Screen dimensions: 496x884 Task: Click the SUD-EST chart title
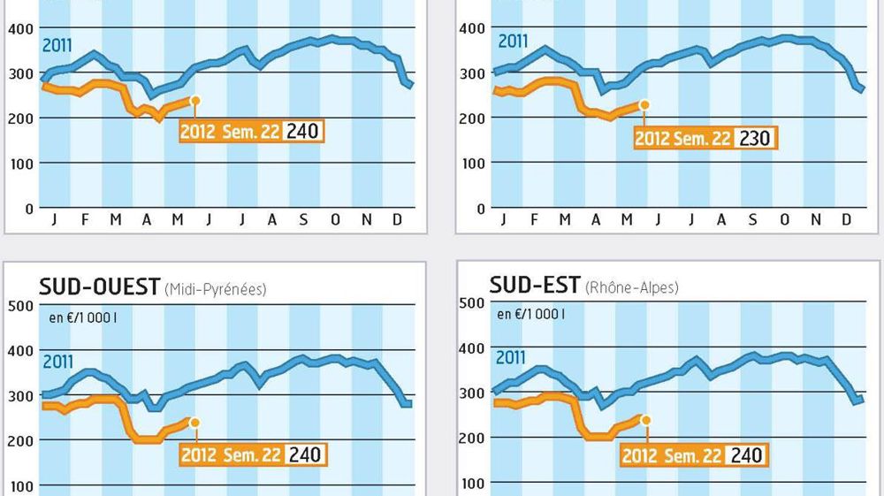(x=535, y=285)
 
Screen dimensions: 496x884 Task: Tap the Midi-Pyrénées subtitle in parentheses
(x=215, y=288)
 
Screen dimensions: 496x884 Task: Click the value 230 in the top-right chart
(x=754, y=138)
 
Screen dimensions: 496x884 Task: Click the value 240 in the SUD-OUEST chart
(x=303, y=454)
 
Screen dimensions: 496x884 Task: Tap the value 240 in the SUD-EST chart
(x=745, y=454)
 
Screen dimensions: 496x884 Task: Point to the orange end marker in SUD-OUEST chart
(x=194, y=423)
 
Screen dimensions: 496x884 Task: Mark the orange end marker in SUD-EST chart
(x=645, y=420)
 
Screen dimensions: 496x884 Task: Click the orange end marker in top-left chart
(x=194, y=101)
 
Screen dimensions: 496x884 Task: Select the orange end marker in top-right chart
(x=644, y=104)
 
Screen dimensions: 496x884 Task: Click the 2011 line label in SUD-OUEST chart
(x=58, y=361)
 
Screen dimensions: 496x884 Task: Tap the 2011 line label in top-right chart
(x=513, y=41)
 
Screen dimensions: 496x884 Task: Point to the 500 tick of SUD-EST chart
(x=474, y=303)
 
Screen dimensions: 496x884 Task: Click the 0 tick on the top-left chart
(x=29, y=209)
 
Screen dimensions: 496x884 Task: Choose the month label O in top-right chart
(x=783, y=220)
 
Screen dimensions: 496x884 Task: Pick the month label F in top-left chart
(x=85, y=220)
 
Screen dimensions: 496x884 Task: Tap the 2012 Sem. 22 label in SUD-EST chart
(x=673, y=454)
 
